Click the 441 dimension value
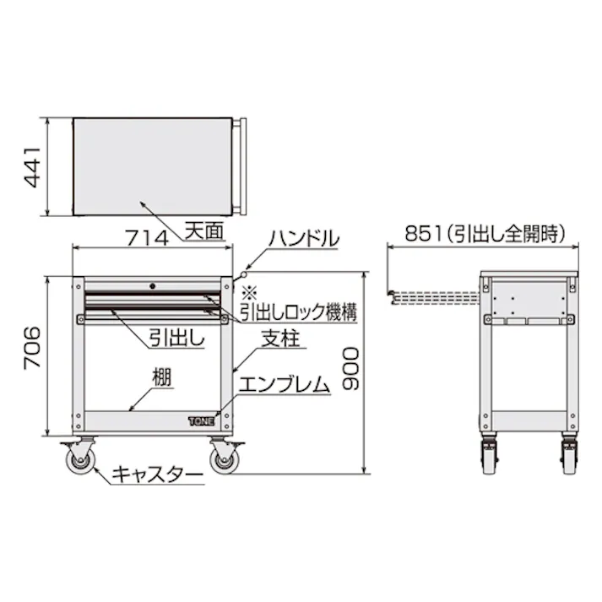tap(31, 168)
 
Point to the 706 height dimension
tap(31, 347)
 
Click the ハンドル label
tap(304, 239)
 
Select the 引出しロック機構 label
tap(296, 312)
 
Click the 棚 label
tap(162, 377)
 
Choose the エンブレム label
tap(284, 386)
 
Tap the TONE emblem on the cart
tap(202, 417)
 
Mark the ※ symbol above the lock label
tap(248, 293)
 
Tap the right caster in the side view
tap(567, 456)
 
